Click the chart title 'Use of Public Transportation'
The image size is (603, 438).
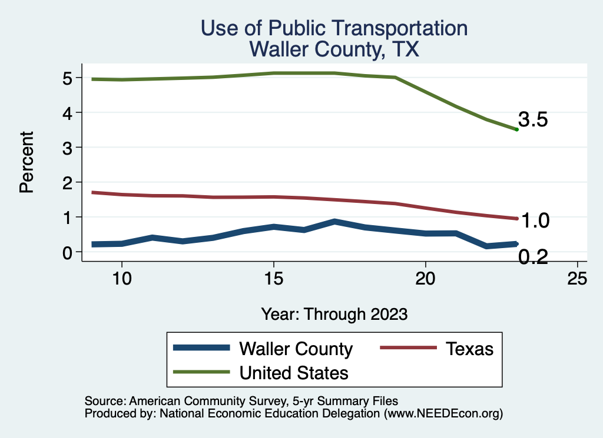[334, 28]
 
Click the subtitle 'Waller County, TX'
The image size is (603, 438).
[334, 49]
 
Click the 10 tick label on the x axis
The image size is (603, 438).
[121, 279]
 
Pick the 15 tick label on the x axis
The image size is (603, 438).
[274, 279]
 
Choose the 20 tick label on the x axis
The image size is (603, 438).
[426, 279]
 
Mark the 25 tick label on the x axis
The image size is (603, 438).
[578, 279]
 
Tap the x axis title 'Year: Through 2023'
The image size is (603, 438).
[334, 314]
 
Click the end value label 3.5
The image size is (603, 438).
[534, 120]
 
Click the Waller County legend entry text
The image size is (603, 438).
[295, 349]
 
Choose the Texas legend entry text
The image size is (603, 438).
[469, 349]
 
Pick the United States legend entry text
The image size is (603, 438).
[293, 373]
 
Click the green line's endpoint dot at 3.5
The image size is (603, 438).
[516, 129]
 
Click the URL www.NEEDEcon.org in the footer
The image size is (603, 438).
[443, 414]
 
